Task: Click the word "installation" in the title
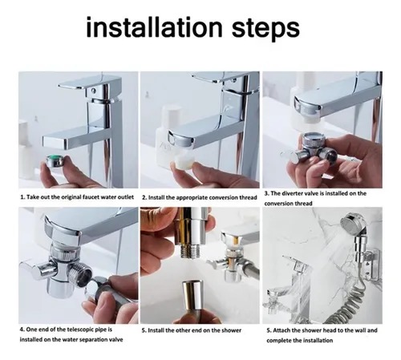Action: (155, 27)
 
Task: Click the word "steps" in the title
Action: (265, 29)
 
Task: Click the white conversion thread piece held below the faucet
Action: (184, 162)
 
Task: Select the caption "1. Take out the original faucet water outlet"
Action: (77, 197)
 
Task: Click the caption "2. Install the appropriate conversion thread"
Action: (200, 197)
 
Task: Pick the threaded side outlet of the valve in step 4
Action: (83, 277)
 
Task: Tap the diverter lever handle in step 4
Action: (38, 270)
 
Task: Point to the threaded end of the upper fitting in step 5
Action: (189, 252)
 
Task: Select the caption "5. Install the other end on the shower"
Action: (192, 330)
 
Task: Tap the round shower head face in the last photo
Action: (350, 222)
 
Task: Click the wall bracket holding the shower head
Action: (371, 265)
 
